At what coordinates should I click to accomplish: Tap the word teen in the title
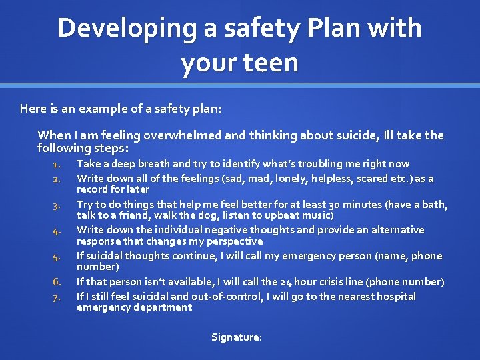tap(272, 63)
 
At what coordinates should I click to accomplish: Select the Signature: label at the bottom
tap(237, 337)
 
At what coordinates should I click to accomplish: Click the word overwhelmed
tap(183, 135)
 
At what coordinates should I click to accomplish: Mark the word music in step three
tap(319, 215)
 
